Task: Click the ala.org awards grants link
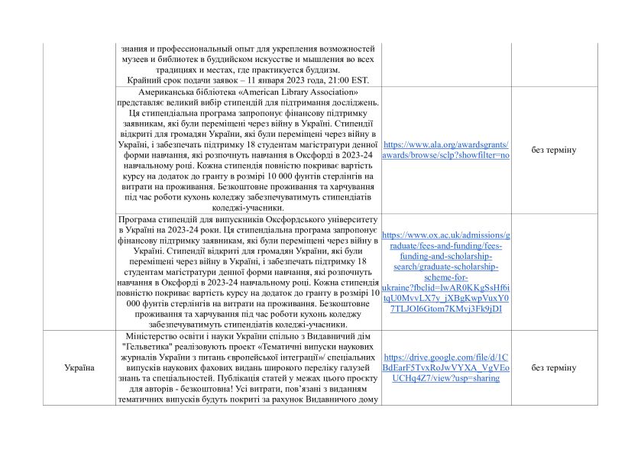click(445, 149)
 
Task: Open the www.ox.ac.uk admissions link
click(445, 272)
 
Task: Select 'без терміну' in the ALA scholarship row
click(554, 150)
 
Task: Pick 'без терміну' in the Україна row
click(554, 367)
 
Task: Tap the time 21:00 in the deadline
click(325, 80)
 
